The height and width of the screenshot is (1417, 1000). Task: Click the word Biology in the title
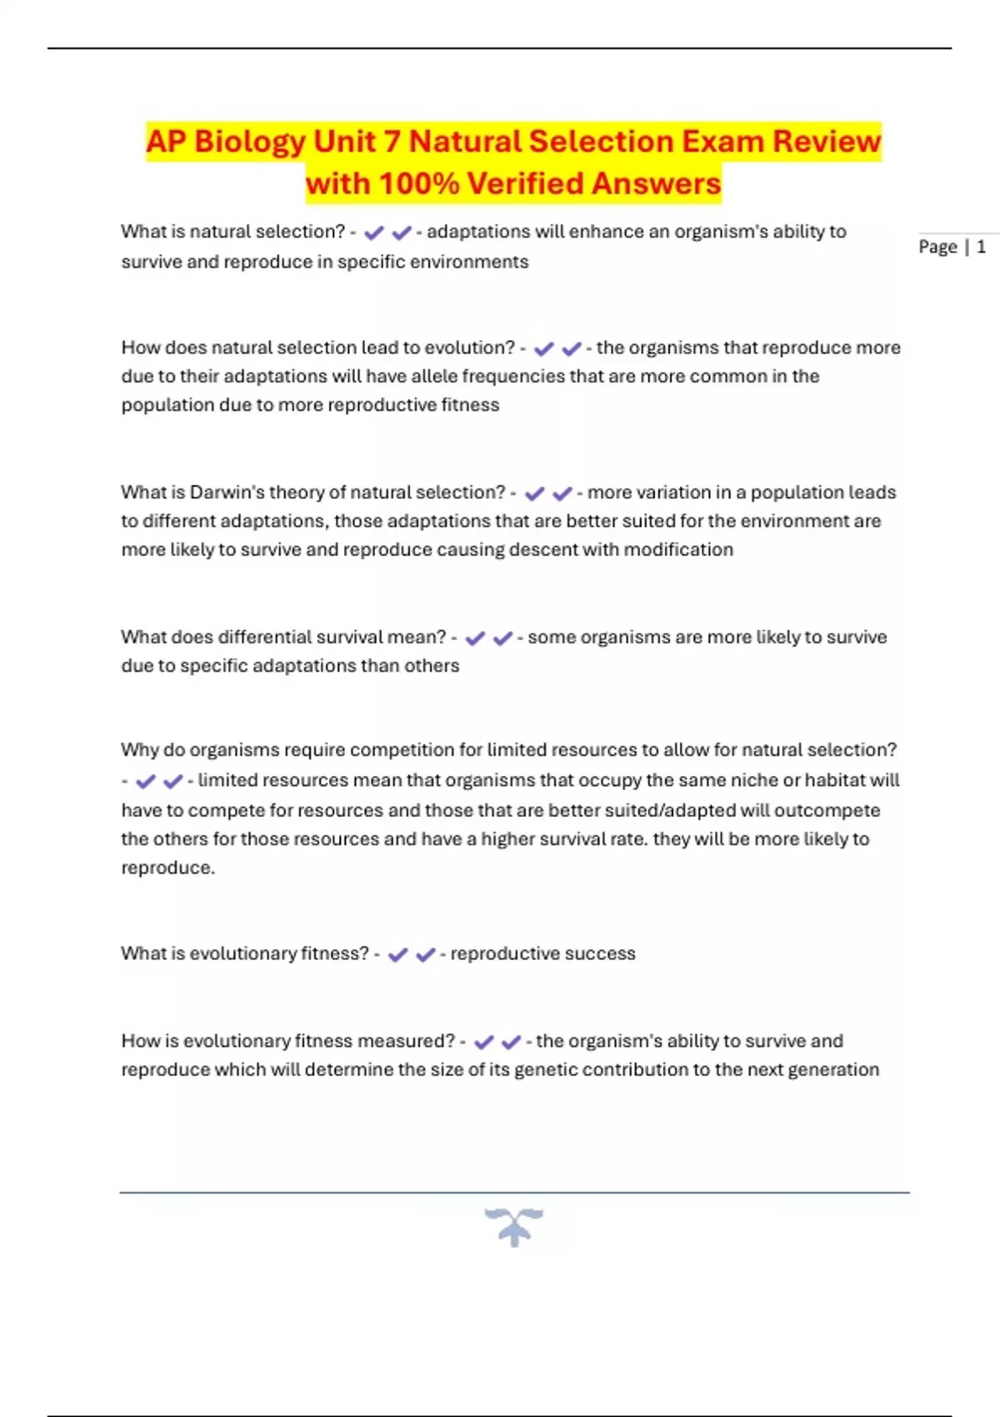click(x=249, y=143)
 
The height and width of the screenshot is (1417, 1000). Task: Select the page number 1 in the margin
click(x=981, y=247)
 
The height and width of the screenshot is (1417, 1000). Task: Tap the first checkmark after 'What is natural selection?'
click(x=373, y=233)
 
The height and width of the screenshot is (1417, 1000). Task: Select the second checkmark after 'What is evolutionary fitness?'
click(x=425, y=954)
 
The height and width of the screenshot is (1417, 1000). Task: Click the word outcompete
click(x=827, y=811)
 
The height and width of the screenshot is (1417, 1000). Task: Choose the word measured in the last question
click(x=411, y=1041)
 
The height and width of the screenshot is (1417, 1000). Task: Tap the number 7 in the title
click(x=392, y=143)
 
